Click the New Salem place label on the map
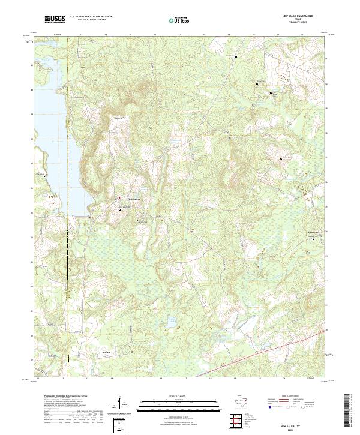click(x=133, y=199)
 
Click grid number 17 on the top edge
click(x=179, y=35)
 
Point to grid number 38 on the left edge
click(x=32, y=139)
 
